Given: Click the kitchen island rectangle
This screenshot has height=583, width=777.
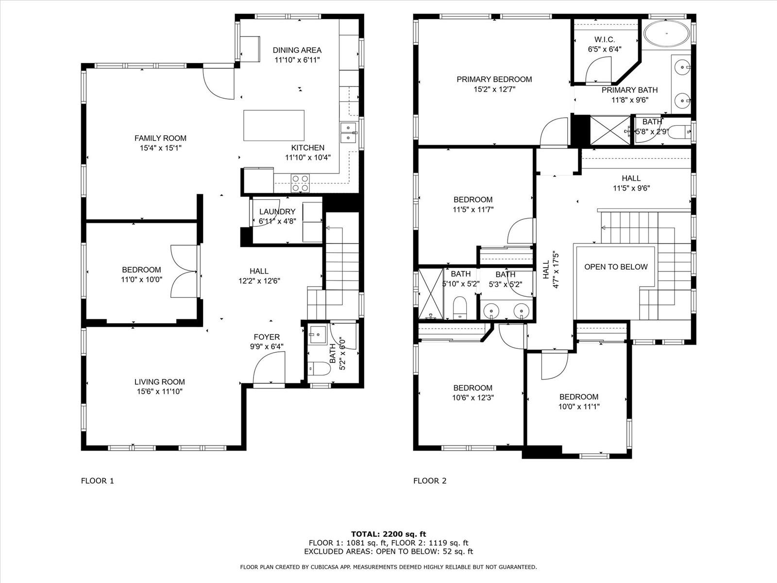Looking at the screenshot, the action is point(273,125).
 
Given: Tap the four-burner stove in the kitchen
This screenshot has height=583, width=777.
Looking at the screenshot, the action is point(300,183).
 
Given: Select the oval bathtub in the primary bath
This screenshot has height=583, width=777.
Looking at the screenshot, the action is point(667,34).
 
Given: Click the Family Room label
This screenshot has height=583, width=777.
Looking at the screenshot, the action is point(160,138).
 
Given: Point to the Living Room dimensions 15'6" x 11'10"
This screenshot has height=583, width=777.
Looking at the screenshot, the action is point(160,392).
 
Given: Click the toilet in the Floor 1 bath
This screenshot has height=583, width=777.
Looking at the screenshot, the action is point(319,368).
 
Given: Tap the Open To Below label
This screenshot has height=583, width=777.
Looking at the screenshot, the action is point(616,267).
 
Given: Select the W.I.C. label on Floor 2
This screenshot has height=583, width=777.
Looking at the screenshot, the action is point(605,39).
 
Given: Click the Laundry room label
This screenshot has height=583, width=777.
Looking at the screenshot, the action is point(277,212).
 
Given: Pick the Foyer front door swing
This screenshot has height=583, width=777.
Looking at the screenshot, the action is point(269,370).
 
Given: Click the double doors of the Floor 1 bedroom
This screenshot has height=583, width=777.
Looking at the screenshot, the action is point(184,271).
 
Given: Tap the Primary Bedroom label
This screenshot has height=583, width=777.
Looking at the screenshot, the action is point(494,79).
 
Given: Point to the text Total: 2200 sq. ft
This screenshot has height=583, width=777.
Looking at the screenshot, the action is point(388,534).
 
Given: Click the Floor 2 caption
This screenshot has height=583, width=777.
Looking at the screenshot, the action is point(430,480).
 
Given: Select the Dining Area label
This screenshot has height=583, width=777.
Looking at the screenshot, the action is point(297,50).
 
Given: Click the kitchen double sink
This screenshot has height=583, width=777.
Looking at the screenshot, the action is point(349,132).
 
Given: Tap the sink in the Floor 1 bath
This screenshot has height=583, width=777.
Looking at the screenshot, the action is point(318,334).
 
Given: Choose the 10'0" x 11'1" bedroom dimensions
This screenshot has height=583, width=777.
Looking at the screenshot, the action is point(579,407).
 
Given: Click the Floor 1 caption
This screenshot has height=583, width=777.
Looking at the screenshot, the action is point(97,480).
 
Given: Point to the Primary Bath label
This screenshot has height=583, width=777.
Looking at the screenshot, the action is point(630,90).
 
